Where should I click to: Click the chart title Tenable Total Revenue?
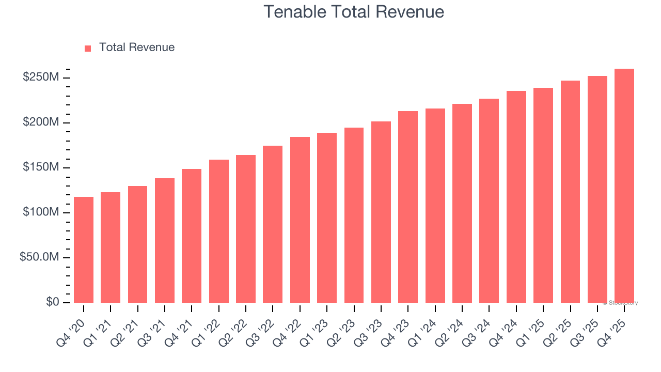[x=354, y=11]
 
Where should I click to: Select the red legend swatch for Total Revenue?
[x=88, y=48]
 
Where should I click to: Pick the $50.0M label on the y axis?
[x=39, y=257]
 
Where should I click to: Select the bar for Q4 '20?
[x=84, y=250]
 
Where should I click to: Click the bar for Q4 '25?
[x=624, y=186]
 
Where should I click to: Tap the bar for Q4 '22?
[x=300, y=220]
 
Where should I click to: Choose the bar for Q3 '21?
[x=165, y=240]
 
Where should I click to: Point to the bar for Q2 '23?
[x=354, y=215]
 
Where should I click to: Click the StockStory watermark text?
[x=620, y=303]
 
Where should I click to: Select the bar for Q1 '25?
[x=543, y=195]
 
